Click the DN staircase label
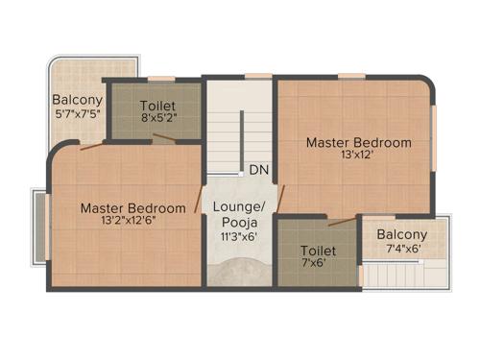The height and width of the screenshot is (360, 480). tap(258, 170)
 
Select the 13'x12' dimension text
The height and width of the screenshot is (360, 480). tap(358, 158)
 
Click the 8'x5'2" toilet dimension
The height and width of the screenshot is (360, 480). tap(157, 119)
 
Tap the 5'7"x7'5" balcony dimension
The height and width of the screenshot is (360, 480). tap(77, 114)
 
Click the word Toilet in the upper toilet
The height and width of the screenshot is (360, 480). tap(157, 105)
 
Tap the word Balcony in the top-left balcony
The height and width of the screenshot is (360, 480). tap(77, 99)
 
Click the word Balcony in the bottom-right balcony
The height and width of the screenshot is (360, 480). tap(402, 235)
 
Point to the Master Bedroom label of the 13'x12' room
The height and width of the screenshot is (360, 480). tap(358, 143)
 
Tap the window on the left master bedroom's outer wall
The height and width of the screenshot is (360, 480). tap(39, 226)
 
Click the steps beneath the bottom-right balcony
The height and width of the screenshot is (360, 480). tap(403, 277)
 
